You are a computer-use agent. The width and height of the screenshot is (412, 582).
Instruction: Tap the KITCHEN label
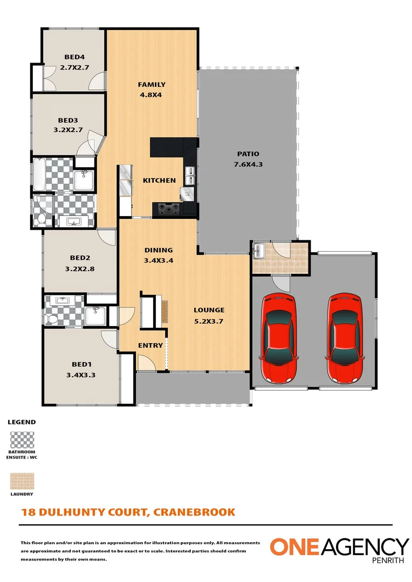tap(159, 180)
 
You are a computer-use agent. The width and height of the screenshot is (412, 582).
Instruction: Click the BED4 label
tap(74, 57)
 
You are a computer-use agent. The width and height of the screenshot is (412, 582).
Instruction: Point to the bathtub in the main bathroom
tap(42, 175)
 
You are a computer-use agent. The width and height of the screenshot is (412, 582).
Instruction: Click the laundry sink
tap(259, 251)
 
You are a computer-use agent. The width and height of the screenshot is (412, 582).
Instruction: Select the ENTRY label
tap(150, 345)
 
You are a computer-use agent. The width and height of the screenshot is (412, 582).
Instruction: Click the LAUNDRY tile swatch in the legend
tap(22, 480)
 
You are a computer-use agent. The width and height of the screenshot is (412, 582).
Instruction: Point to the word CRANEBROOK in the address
tap(194, 512)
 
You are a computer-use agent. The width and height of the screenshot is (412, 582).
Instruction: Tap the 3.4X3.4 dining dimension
tap(159, 260)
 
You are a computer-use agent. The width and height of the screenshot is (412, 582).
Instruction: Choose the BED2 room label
tap(79, 258)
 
